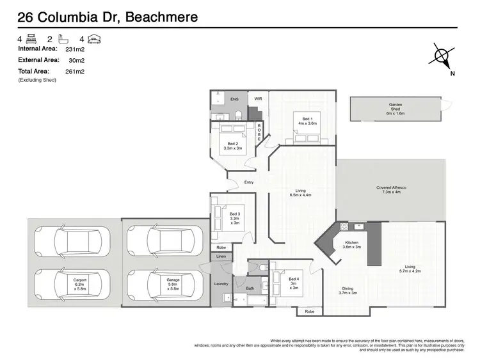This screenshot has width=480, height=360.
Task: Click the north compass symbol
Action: point(442,57)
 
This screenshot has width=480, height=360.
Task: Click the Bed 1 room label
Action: point(308,122)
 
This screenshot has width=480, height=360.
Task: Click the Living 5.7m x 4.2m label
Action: point(410,269)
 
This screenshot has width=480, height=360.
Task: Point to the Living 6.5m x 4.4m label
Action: point(300,192)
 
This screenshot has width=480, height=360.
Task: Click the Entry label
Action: point(250,183)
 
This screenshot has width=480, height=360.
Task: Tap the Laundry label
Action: point(221,283)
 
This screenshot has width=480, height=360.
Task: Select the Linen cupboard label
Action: point(221,257)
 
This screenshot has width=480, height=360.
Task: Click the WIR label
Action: point(258,99)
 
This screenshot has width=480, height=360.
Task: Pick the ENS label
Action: point(234,99)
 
